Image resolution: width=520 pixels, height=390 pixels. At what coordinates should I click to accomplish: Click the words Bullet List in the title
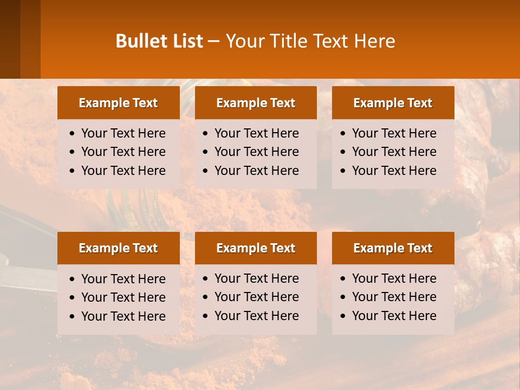point(159,41)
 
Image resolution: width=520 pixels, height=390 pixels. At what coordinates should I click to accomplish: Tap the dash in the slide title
point(214,42)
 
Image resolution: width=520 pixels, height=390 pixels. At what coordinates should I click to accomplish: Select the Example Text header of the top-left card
point(118,103)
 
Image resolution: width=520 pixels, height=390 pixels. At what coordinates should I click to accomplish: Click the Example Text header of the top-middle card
point(256,103)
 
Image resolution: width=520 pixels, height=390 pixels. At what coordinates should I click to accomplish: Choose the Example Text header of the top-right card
point(393,103)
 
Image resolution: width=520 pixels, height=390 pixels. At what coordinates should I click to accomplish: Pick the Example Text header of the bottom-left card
point(118,248)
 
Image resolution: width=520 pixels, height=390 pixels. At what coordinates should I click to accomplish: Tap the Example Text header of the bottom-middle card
point(256,248)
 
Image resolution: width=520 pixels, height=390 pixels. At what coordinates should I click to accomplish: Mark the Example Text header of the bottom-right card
point(393,248)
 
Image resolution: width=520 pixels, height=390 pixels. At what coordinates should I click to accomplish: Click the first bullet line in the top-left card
point(123,133)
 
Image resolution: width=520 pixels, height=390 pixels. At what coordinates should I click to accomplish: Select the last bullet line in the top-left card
point(123,171)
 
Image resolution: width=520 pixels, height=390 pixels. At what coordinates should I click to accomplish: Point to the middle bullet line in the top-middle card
point(256,152)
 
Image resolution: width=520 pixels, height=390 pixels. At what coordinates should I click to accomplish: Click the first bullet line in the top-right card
point(394,133)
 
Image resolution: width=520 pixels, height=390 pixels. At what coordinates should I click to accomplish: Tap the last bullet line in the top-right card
point(394,171)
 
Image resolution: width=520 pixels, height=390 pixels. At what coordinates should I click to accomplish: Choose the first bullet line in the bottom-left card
point(123,279)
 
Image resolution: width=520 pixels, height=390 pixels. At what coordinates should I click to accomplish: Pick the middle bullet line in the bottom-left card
point(123,297)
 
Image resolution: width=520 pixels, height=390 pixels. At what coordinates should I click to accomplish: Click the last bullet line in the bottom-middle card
point(256,316)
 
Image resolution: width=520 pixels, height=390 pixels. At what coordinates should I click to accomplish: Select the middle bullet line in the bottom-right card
point(394,297)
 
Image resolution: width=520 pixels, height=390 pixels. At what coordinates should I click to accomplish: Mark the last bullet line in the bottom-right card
point(394,316)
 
